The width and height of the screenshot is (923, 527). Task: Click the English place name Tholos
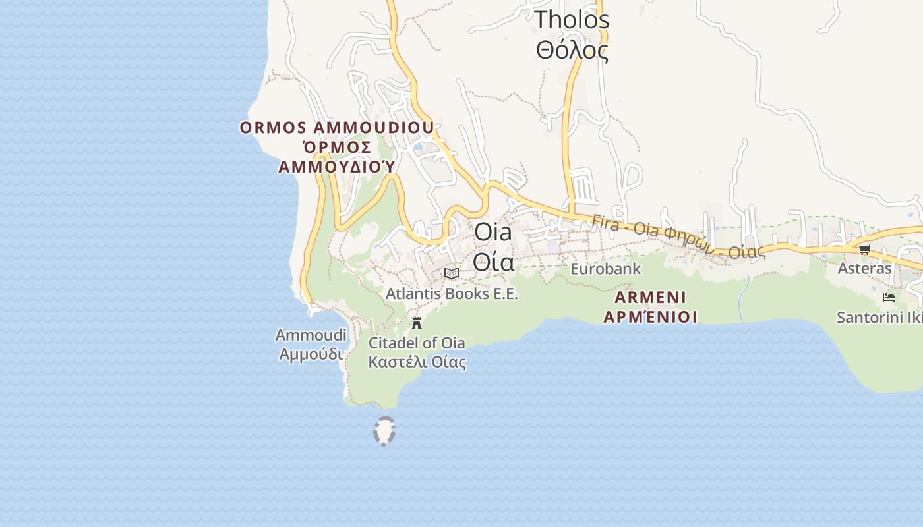click(572, 20)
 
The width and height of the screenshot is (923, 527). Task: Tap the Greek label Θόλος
click(572, 50)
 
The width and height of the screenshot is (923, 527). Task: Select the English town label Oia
click(492, 232)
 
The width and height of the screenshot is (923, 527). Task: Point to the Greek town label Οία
click(492, 262)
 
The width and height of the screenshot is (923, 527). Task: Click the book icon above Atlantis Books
click(452, 273)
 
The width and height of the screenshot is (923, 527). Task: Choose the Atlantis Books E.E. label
click(452, 294)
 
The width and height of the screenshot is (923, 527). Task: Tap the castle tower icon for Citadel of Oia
click(417, 323)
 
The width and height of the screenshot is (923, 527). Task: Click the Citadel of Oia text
click(417, 343)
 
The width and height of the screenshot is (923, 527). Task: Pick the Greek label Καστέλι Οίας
click(417, 362)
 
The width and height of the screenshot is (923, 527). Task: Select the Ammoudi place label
click(311, 335)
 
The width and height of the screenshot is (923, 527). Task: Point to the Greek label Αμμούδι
click(311, 354)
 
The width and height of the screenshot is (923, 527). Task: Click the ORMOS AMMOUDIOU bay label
click(337, 128)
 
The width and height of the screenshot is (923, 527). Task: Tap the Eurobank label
click(605, 269)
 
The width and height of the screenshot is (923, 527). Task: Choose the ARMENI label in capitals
click(650, 297)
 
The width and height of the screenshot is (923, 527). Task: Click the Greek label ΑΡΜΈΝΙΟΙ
click(650, 317)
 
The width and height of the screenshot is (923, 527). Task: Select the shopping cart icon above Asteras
click(864, 249)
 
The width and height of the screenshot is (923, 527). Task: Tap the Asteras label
click(864, 269)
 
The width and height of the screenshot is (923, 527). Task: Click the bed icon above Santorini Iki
click(889, 298)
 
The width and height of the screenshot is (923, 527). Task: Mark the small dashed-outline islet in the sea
click(384, 431)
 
